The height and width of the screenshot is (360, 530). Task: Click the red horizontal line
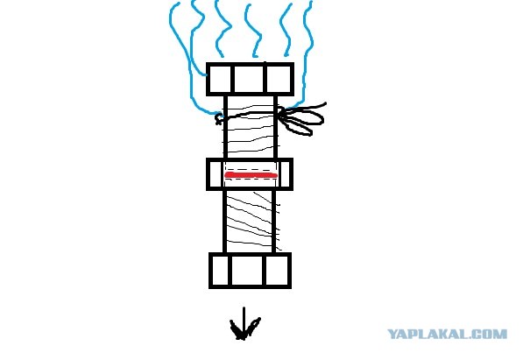click(x=251, y=176)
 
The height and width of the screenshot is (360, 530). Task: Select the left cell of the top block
click(x=220, y=79)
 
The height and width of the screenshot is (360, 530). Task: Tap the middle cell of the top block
click(x=250, y=79)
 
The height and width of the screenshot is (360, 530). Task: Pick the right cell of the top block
click(x=279, y=79)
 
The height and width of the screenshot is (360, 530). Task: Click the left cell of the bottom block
click(x=220, y=271)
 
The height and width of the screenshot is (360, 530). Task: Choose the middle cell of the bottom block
click(x=250, y=271)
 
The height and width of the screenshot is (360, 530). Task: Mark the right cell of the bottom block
click(x=278, y=271)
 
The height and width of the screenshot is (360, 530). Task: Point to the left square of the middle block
click(x=216, y=173)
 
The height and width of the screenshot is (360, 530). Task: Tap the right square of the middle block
click(x=286, y=173)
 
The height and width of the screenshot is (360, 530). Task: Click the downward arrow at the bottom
click(x=243, y=327)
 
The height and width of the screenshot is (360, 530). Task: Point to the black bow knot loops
click(x=302, y=118)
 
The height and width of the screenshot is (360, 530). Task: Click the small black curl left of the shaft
click(x=219, y=117)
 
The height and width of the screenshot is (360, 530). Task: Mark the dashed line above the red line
click(x=251, y=166)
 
